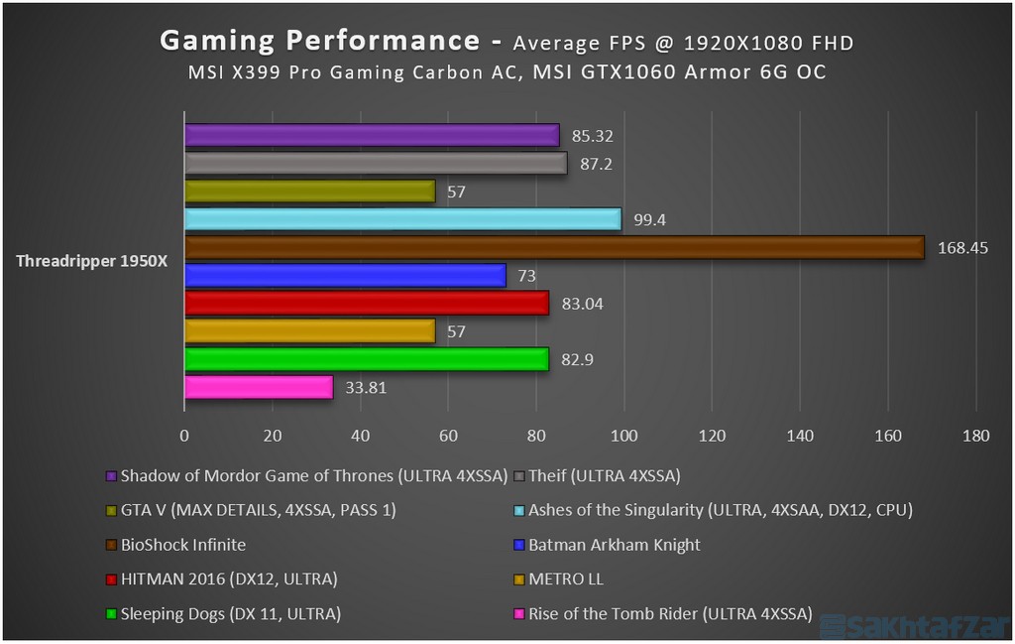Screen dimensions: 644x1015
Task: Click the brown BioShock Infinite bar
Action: point(553,247)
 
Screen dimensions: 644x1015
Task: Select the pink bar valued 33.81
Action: point(258,387)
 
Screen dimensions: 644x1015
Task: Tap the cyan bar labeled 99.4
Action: point(402,219)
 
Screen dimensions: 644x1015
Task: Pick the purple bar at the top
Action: point(372,135)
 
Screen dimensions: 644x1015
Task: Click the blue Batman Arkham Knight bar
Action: point(345,275)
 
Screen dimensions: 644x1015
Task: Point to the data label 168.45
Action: point(962,248)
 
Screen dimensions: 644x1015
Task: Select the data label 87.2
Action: point(596,164)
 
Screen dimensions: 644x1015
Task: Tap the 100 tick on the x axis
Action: point(623,435)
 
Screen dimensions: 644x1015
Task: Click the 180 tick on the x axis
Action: point(975,435)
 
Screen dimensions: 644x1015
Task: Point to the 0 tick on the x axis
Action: point(184,435)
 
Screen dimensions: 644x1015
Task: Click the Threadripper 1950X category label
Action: point(92,262)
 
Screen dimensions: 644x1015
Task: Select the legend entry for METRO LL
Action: point(566,579)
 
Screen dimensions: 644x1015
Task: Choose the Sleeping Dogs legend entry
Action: point(230,613)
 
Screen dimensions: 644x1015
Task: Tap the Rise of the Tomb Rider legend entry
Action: point(669,613)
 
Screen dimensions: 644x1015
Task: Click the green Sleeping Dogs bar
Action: point(366,359)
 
